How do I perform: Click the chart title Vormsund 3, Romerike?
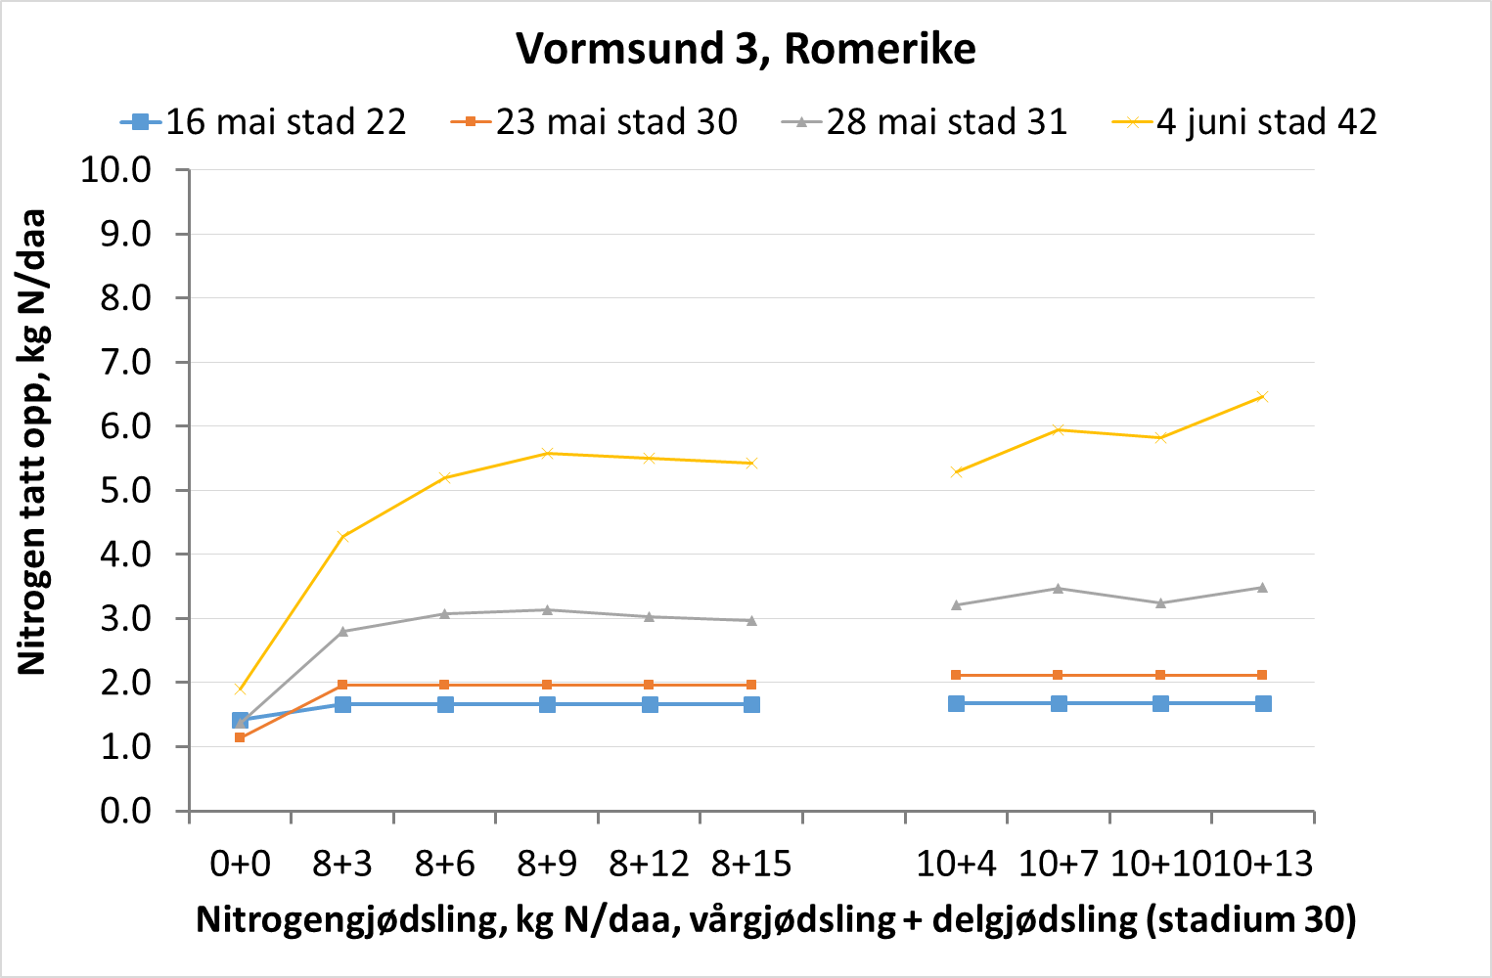tap(746, 48)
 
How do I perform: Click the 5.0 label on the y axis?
tap(126, 490)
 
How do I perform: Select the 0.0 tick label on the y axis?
tap(126, 811)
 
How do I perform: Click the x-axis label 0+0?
tap(240, 864)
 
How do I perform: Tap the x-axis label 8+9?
tap(547, 864)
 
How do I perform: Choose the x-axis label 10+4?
tap(956, 864)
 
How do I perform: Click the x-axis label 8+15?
tap(751, 864)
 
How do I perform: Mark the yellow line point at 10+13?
tap(1262, 396)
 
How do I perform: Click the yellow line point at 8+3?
tap(342, 536)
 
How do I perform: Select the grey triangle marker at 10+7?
tap(1058, 588)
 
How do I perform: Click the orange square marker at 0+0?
tap(240, 737)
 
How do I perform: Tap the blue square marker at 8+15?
tap(751, 704)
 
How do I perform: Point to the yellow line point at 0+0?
tap(240, 689)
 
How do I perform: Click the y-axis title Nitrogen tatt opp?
tap(32, 442)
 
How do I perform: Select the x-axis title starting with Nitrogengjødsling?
tap(775, 920)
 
